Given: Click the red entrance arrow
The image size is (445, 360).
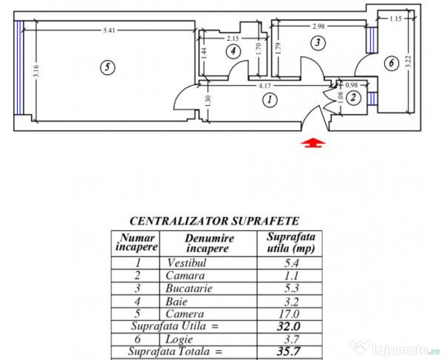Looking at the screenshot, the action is (x=313, y=143).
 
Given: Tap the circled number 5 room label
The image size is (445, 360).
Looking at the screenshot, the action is (x=108, y=67).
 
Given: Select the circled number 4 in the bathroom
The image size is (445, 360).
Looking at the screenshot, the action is (x=233, y=52).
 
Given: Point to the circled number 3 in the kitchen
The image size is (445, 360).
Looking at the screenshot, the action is (x=318, y=43).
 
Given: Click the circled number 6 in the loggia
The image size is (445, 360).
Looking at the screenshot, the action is (x=391, y=63).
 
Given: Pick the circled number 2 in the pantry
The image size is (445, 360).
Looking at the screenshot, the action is (x=353, y=97).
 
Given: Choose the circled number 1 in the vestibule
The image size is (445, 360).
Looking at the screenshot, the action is (x=270, y=100).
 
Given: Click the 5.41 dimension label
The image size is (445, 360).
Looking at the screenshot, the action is (x=109, y=30).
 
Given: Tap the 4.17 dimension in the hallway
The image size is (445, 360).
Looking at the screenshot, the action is (x=265, y=85).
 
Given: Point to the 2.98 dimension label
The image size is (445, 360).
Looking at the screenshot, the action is (x=319, y=26).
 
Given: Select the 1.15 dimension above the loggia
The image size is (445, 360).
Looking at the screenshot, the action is (x=396, y=19).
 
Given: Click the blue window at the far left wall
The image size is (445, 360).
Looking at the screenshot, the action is (x=19, y=67).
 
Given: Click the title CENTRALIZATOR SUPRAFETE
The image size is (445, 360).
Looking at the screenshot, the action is (x=214, y=221).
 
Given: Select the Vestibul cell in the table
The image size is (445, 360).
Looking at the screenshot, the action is (x=186, y=263).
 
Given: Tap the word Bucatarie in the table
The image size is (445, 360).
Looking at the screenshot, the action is (x=189, y=288).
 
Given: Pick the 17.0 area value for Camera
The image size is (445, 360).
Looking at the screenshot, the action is (x=289, y=314).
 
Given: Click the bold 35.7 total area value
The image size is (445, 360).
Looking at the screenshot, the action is (x=289, y=352).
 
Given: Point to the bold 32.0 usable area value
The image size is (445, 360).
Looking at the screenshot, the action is (x=289, y=327).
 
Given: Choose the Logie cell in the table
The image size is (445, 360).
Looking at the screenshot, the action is (x=179, y=339).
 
